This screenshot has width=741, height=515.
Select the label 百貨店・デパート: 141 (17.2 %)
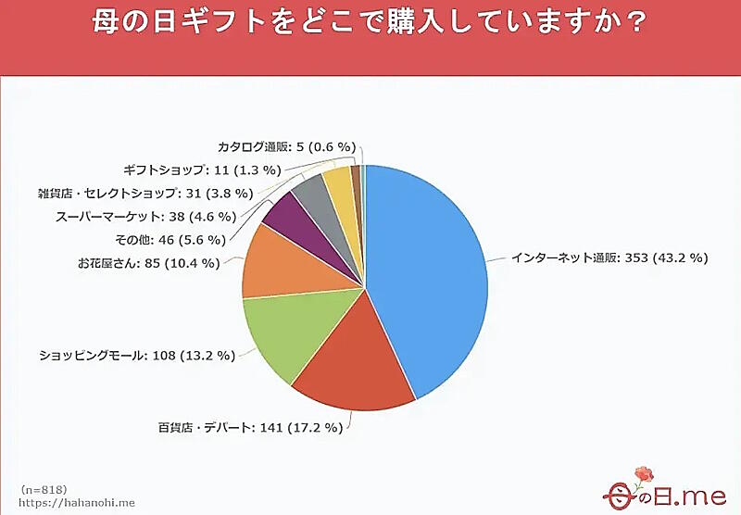pos(249,427)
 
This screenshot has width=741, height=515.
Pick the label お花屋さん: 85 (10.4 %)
pos(148,262)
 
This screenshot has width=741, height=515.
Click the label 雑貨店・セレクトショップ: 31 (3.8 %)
pos(144,193)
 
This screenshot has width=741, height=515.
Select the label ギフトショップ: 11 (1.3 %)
pos(201,170)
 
